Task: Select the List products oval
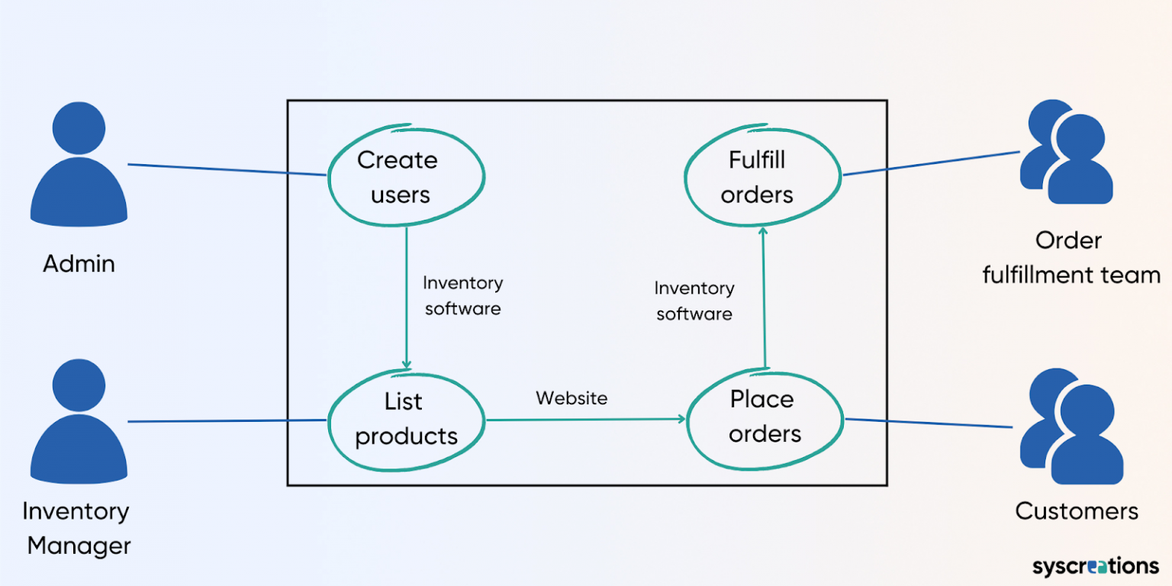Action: [406, 419]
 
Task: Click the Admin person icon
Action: [79, 168]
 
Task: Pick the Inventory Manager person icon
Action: [79, 423]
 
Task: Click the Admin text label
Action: [79, 264]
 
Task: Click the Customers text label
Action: [1077, 511]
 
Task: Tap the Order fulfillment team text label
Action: [1071, 258]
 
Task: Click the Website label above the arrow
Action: [572, 398]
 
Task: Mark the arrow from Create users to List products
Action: [407, 298]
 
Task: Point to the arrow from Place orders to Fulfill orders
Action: [763, 298]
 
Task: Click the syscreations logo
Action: [1095, 566]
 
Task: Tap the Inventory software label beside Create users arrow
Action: [462, 295]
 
